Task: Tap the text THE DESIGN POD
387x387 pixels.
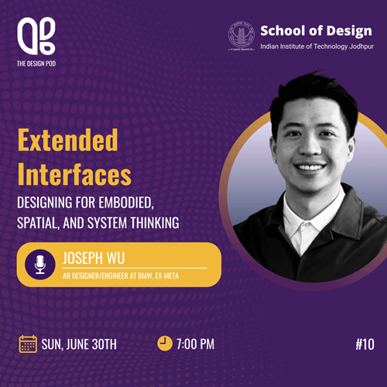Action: point(36,63)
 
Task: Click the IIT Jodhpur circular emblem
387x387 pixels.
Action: point(241,36)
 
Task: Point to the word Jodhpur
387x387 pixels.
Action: point(361,46)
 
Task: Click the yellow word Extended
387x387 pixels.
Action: point(68,140)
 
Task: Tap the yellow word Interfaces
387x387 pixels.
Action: point(74,174)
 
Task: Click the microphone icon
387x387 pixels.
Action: point(40,265)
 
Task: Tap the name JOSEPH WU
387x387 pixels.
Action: point(94,258)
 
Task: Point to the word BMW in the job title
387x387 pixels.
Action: point(146,276)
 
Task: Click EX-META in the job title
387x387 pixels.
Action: point(167,276)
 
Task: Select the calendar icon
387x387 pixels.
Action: point(28,344)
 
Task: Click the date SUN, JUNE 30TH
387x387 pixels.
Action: point(79,344)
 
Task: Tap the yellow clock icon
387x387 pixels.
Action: point(165,344)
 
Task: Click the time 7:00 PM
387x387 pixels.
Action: point(195,344)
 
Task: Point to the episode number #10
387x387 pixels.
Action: point(365,344)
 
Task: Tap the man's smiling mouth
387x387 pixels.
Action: point(310,167)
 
